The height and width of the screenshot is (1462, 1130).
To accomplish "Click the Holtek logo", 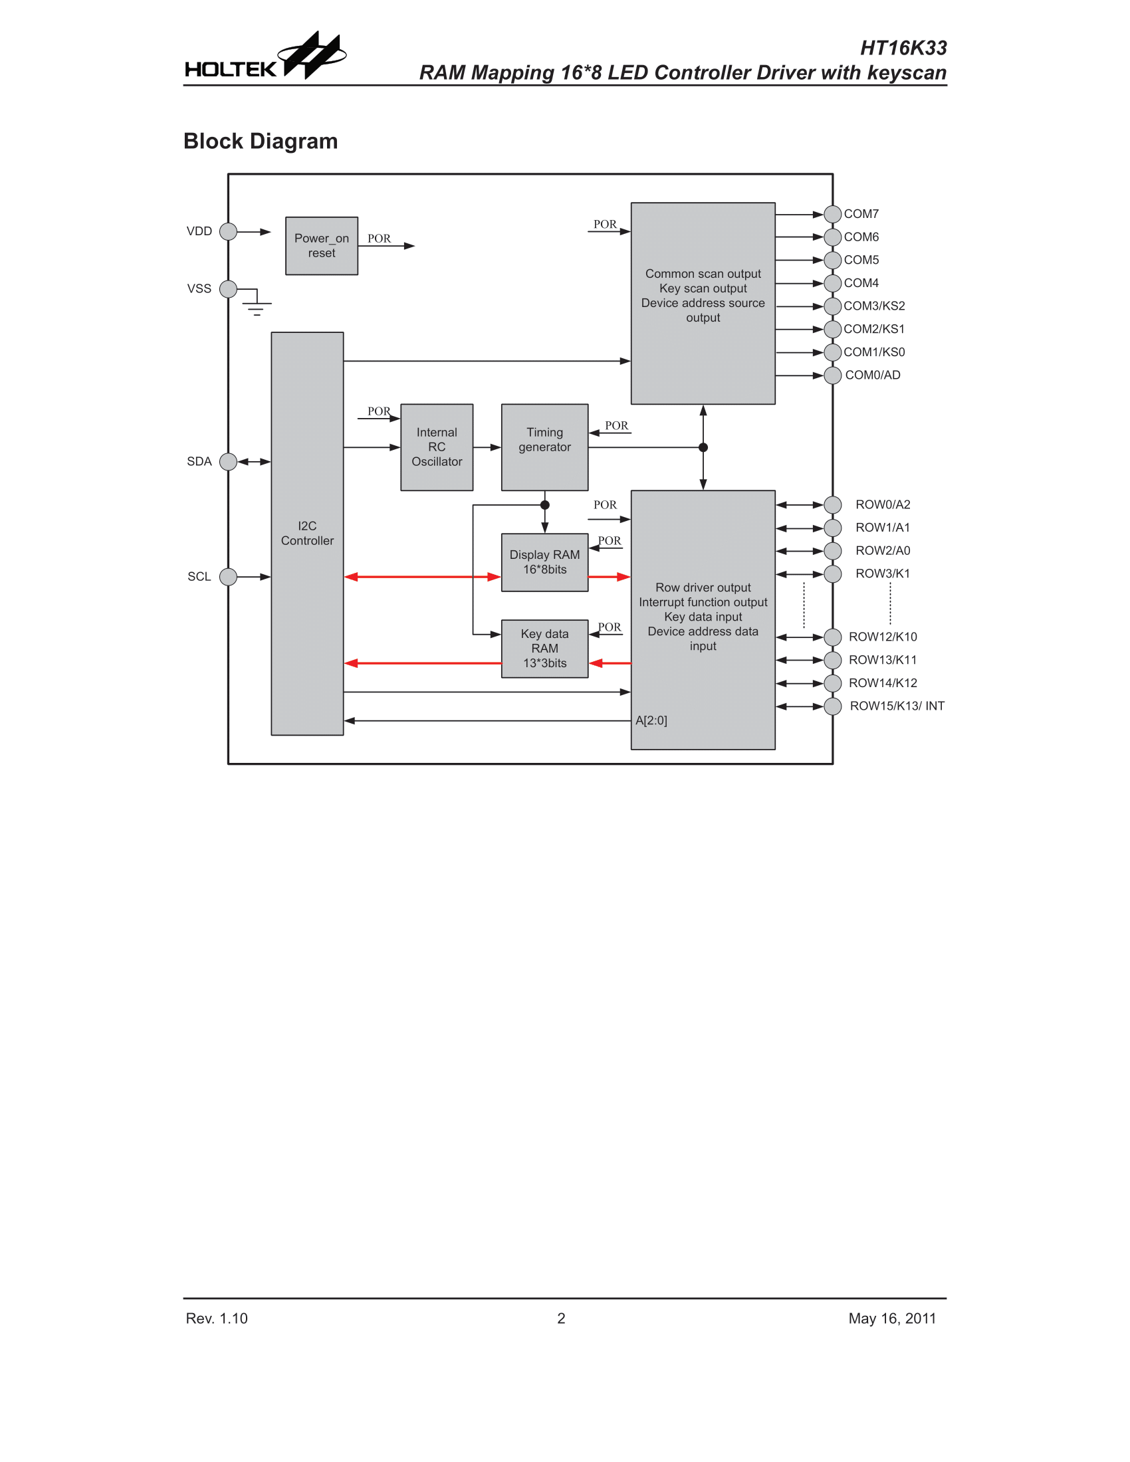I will (265, 58).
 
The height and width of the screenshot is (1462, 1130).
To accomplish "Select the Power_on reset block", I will (321, 246).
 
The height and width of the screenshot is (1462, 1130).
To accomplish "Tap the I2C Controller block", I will (306, 534).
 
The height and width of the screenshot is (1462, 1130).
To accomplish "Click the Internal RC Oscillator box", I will (437, 447).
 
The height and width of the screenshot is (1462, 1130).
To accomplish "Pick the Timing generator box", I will (544, 447).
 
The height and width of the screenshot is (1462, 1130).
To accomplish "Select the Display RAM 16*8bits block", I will (544, 562).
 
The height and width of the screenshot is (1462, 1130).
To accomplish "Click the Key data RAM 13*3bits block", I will (544, 649).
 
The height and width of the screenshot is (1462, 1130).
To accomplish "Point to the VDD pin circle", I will (228, 232).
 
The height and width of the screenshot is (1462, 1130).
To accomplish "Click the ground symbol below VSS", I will (257, 306).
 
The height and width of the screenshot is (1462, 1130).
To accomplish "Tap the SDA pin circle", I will (228, 462).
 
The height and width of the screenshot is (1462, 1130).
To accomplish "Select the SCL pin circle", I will (228, 576).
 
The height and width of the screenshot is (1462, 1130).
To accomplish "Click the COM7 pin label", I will (861, 214).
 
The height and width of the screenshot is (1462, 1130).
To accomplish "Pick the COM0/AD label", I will (872, 375).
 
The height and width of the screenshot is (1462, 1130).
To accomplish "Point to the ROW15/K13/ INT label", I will (897, 706).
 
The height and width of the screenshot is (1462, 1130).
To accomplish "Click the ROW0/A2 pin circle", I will (832, 505).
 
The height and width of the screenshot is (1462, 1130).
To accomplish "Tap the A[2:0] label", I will (651, 721).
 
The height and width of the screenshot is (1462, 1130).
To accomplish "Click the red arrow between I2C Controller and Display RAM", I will (421, 577).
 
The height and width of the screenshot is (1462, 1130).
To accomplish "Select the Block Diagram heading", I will (261, 142).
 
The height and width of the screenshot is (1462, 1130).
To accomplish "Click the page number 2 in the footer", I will (561, 1318).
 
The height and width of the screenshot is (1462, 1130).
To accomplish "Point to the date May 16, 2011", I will (891, 1318).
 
